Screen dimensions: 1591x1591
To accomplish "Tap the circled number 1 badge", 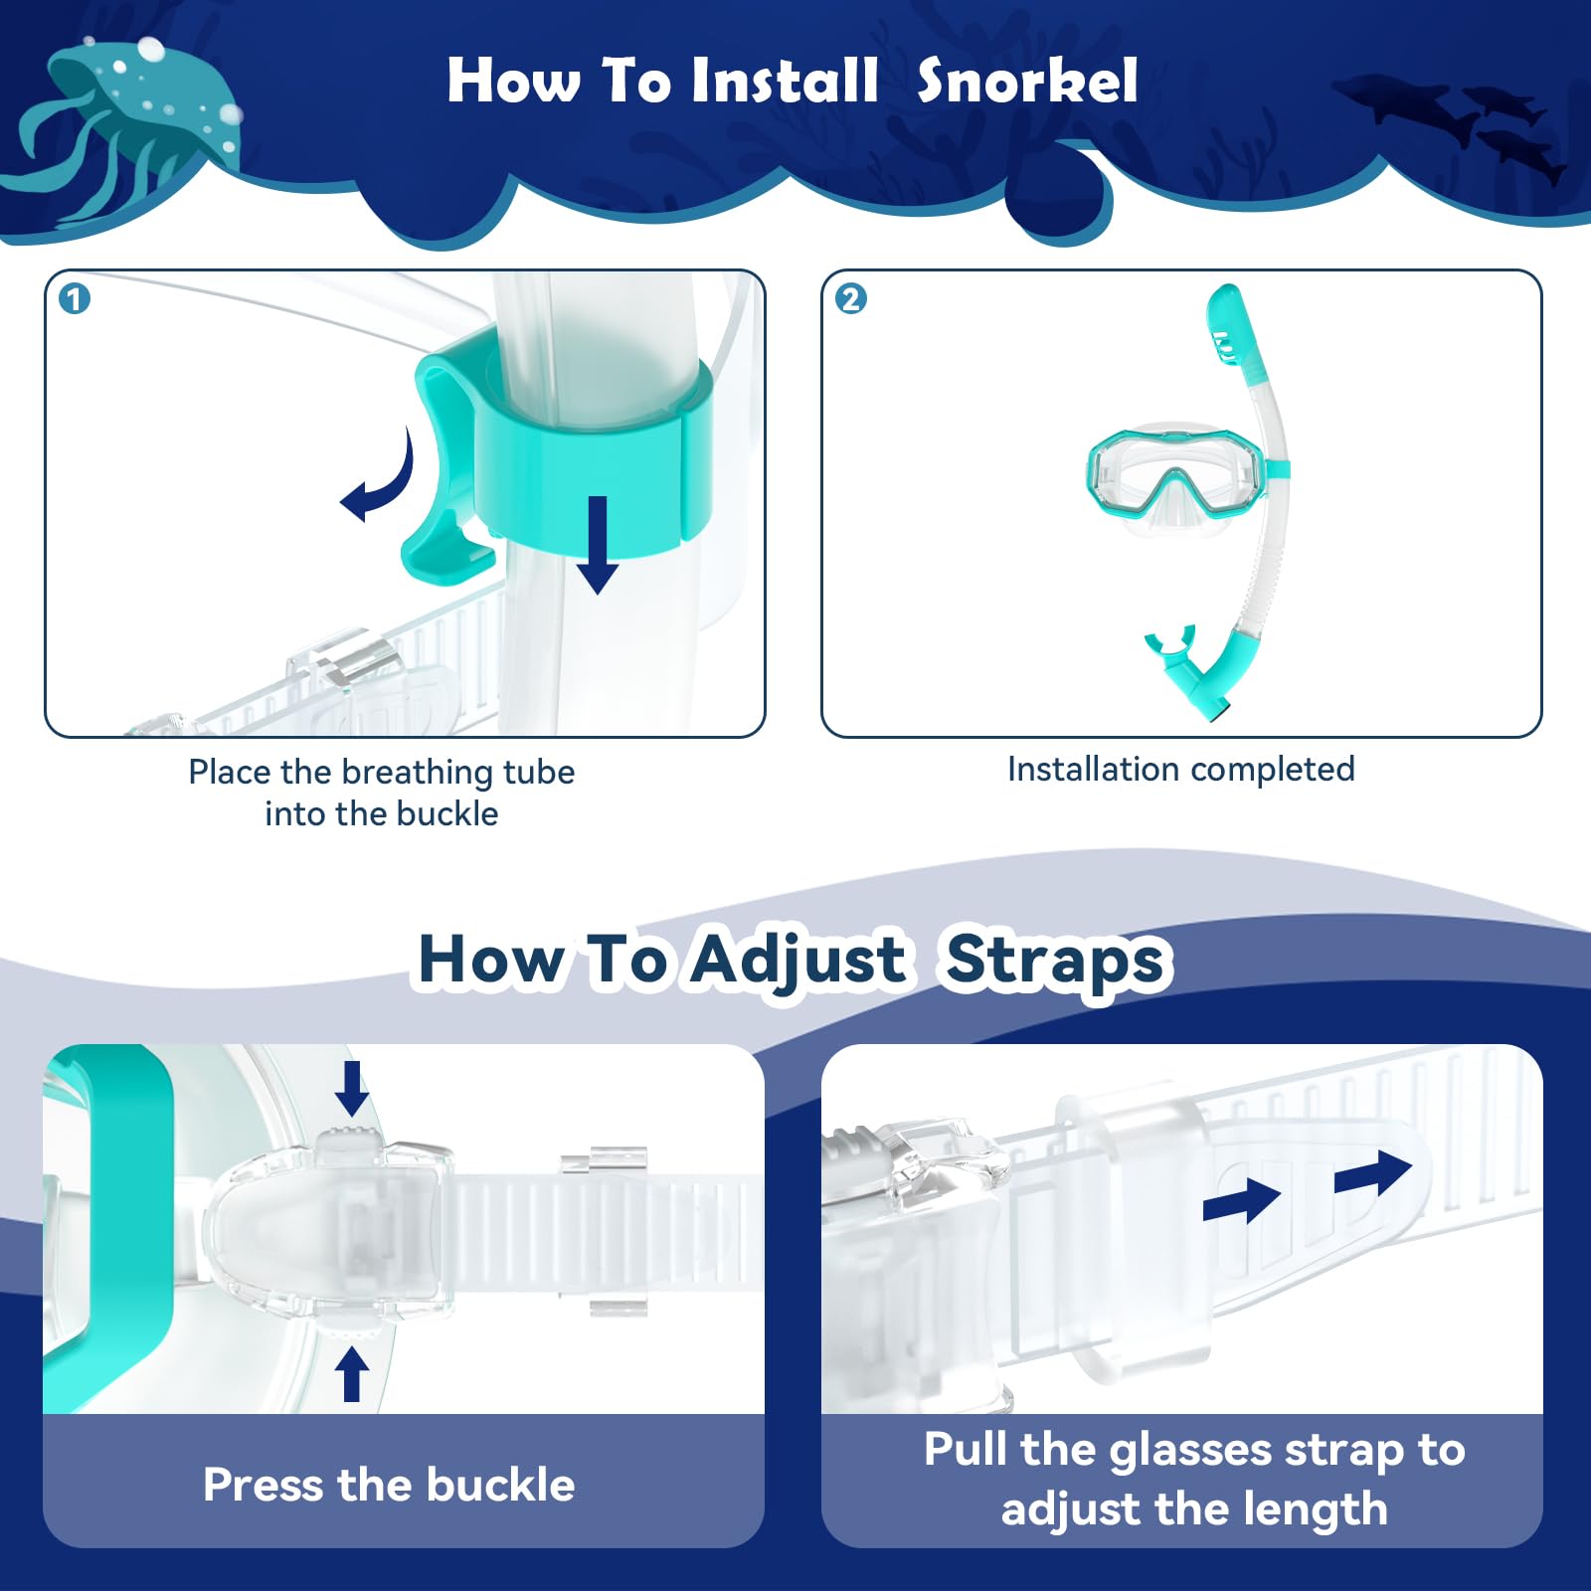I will (75, 298).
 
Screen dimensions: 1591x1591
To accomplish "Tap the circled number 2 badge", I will (851, 298).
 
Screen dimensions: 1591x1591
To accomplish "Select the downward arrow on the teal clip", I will (598, 545).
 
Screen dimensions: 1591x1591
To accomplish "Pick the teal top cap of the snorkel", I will (1233, 328).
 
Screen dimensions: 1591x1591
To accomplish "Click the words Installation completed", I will (1180, 769).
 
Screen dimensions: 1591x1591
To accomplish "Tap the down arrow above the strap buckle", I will (351, 1088).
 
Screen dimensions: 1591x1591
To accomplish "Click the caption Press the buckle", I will (389, 1485).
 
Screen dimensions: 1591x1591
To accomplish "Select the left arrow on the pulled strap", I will (1241, 1200).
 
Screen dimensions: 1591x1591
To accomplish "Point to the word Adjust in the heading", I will (798, 960).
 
